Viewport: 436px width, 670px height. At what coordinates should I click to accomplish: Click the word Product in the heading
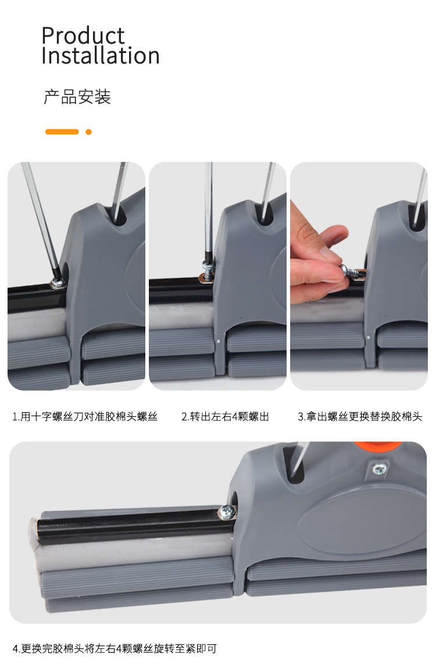[83, 36]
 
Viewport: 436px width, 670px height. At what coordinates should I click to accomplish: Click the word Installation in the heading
[101, 56]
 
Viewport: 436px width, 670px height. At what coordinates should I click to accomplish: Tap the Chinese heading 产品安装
[77, 97]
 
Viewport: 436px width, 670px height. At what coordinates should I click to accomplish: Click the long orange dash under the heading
[62, 132]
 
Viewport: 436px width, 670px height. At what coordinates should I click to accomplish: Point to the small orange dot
[88, 132]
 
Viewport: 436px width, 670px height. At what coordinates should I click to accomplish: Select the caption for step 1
[85, 416]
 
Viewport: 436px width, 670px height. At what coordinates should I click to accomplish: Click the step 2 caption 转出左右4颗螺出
[225, 416]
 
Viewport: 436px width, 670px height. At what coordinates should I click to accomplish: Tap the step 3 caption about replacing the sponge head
[360, 416]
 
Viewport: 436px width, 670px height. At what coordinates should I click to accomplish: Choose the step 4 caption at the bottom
[115, 648]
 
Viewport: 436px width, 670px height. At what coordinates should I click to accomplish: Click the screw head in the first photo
[57, 282]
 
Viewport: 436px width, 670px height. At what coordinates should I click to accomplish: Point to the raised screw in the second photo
[207, 272]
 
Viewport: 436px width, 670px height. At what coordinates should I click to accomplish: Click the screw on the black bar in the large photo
[228, 511]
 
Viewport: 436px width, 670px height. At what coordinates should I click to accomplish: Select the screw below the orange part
[379, 469]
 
